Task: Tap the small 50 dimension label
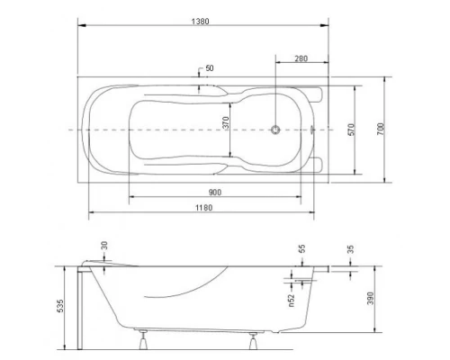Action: (210, 68)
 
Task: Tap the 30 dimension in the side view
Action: (104, 247)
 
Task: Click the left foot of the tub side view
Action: (143, 340)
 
